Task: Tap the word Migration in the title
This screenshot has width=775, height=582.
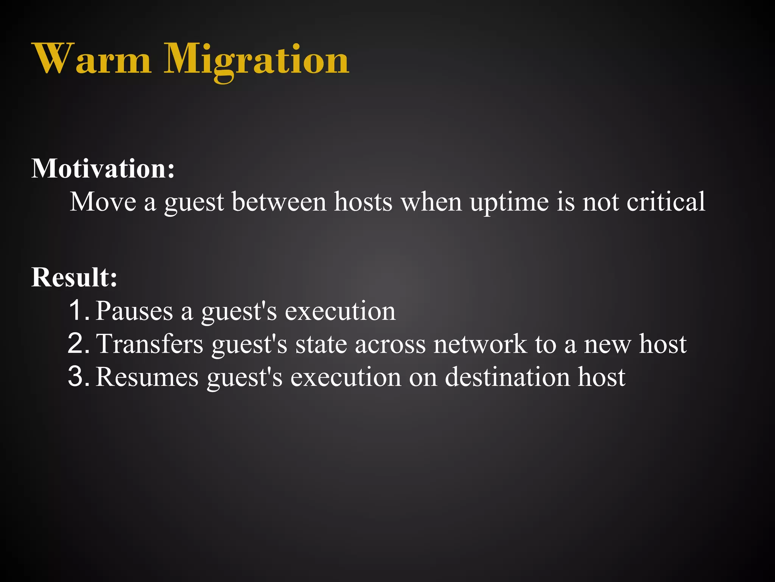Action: tap(256, 61)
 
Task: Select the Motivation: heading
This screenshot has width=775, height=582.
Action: tap(103, 168)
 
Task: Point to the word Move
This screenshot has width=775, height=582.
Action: tap(103, 202)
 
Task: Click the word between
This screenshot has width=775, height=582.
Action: tap(279, 202)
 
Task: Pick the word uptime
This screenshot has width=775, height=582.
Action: tap(509, 202)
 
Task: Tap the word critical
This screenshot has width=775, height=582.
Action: tap(666, 202)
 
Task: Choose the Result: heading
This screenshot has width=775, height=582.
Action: tap(74, 277)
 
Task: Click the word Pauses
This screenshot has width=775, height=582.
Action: tap(134, 311)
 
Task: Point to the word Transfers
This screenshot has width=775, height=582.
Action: tap(150, 344)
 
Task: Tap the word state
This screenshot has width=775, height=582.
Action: tap(321, 344)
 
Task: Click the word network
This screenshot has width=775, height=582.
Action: tap(480, 344)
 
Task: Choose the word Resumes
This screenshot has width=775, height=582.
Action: tap(147, 377)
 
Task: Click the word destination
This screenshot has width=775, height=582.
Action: tap(507, 377)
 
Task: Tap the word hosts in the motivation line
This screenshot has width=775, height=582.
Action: tap(363, 202)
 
